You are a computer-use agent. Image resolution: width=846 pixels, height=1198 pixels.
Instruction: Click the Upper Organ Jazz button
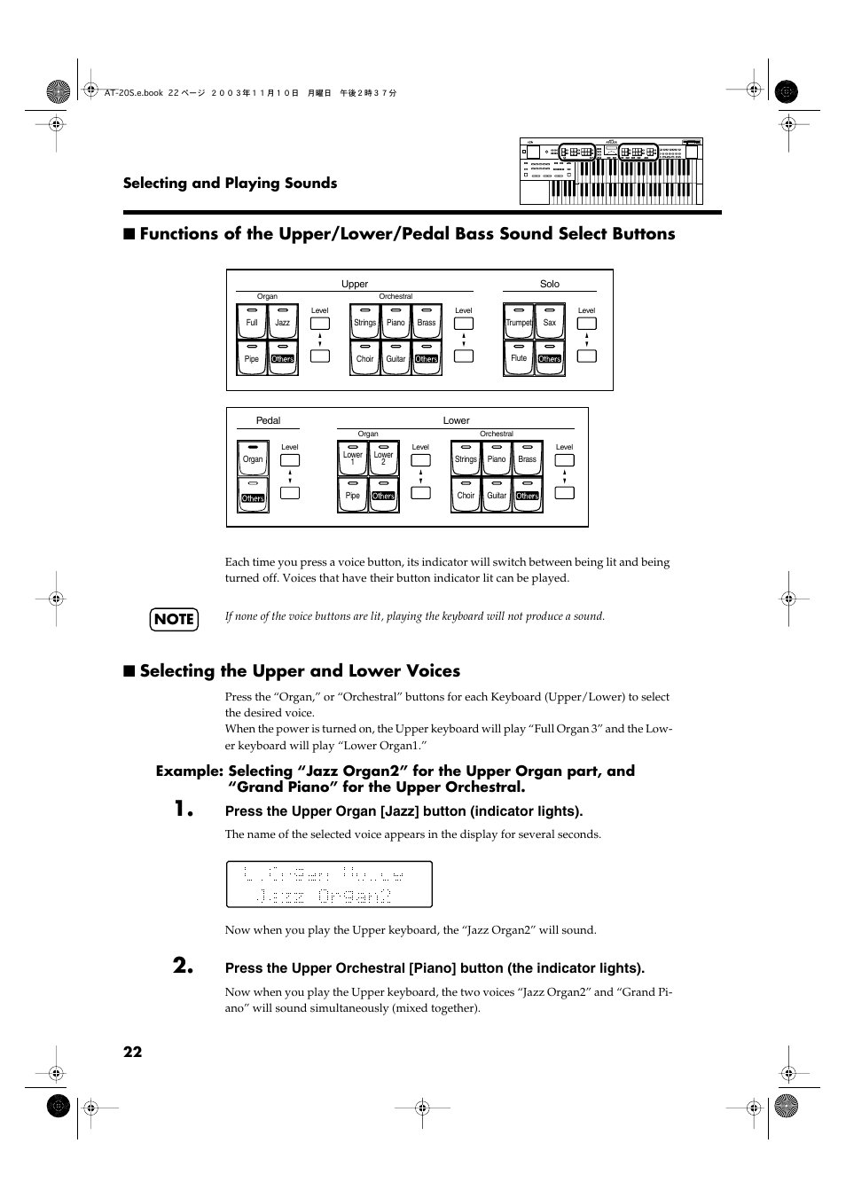(x=282, y=322)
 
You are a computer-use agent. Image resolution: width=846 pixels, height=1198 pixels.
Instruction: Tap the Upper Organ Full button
(x=252, y=322)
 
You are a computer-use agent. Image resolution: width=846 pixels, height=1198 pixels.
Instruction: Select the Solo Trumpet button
(x=519, y=322)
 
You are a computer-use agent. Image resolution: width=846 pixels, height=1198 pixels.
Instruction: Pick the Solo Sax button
(x=550, y=322)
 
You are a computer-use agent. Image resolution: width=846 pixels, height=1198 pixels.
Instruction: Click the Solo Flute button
(x=519, y=358)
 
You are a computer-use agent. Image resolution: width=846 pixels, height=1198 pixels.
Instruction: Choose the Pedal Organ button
(x=253, y=458)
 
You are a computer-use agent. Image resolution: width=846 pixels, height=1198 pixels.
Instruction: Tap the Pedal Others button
(x=253, y=495)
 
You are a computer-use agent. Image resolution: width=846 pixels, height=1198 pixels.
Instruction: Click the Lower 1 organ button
(x=353, y=458)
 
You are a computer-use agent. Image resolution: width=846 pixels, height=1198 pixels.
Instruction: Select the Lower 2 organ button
(x=383, y=458)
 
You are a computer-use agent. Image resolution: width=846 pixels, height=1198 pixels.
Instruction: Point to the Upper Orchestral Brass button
(x=427, y=322)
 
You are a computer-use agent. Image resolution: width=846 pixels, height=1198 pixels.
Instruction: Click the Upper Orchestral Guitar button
(x=396, y=358)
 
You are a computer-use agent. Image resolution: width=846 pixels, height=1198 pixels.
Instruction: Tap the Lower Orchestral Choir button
(x=466, y=495)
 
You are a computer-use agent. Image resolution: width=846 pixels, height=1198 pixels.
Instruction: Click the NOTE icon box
(x=174, y=619)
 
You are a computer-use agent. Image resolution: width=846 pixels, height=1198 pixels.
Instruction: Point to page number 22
(x=132, y=1052)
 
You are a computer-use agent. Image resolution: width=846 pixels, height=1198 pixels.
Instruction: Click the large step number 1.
(x=184, y=809)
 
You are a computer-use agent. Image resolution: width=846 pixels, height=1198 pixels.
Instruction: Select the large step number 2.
(x=184, y=966)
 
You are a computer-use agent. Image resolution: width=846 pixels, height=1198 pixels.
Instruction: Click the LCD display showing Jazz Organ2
(x=329, y=884)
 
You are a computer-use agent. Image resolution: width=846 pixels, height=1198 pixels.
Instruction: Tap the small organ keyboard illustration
(x=611, y=172)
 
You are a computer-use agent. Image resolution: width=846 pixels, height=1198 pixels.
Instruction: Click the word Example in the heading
(x=188, y=771)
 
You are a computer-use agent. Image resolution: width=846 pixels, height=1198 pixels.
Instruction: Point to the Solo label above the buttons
(x=550, y=284)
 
